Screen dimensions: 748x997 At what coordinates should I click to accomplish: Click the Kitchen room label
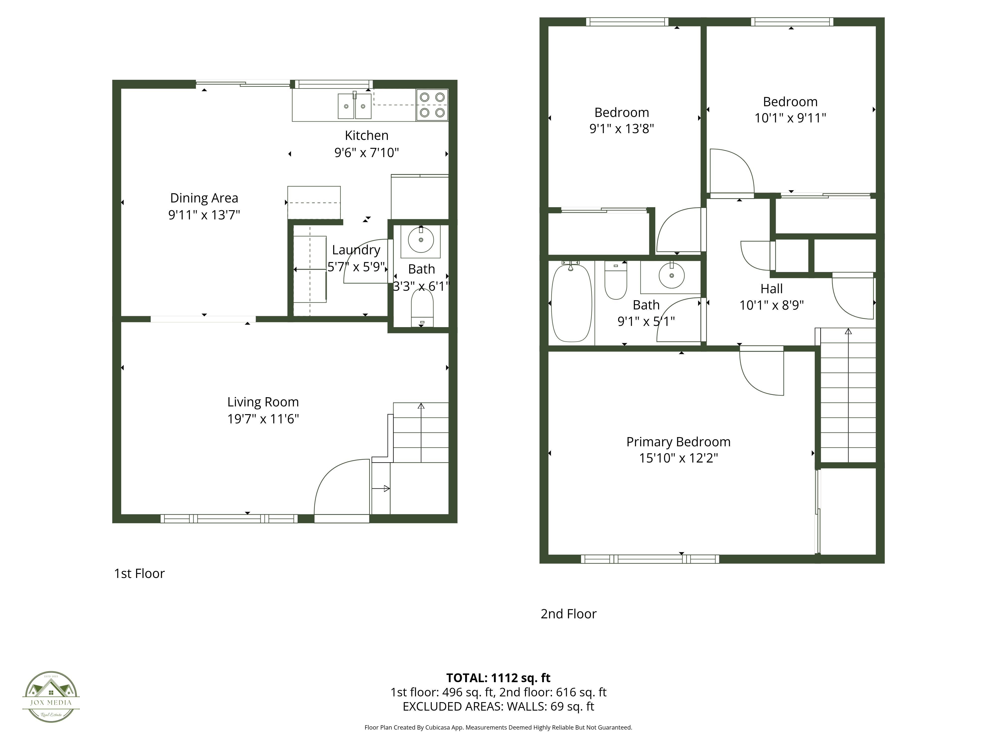(x=366, y=135)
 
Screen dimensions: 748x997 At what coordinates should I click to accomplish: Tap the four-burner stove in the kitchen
(x=432, y=105)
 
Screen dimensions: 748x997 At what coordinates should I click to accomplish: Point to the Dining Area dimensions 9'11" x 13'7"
(x=204, y=215)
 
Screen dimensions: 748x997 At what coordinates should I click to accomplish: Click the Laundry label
(x=356, y=250)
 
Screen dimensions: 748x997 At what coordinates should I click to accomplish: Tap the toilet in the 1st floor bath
(x=422, y=307)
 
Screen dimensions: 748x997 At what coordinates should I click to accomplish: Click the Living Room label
(x=263, y=402)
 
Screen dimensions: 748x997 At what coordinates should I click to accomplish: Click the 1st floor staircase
(x=420, y=433)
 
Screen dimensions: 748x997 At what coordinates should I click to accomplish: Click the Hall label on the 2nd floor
(x=772, y=288)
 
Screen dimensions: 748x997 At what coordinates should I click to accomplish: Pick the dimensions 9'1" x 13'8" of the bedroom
(x=622, y=129)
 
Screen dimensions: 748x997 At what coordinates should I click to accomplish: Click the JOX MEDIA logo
(x=51, y=697)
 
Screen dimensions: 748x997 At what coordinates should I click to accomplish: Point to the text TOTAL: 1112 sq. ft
(x=498, y=678)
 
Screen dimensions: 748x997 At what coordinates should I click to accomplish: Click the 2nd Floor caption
(x=568, y=614)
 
